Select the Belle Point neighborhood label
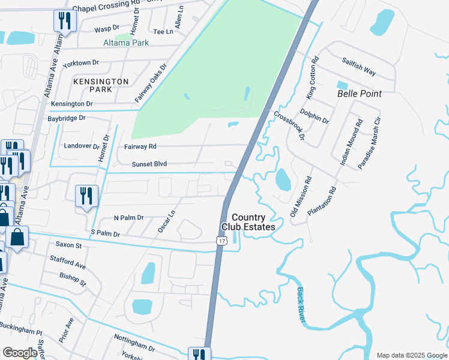coord(360,94)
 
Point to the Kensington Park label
coord(101,85)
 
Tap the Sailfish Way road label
coord(359,67)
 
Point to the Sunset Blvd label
coord(149,164)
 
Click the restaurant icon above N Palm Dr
coord(86,196)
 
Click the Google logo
coord(20,353)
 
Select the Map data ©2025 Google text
coord(412,355)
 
